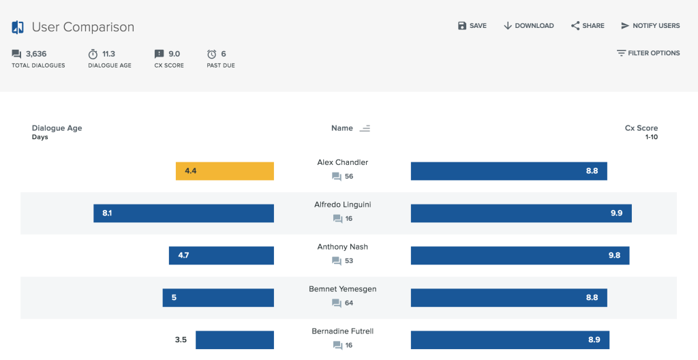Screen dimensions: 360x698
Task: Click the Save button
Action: tap(472, 26)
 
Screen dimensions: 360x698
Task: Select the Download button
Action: tap(528, 26)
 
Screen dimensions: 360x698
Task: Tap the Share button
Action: tap(588, 26)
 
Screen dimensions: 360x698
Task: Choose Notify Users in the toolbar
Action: tap(650, 26)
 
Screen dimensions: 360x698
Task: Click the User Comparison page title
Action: tap(82, 27)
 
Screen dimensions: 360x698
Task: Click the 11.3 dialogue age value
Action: tap(108, 54)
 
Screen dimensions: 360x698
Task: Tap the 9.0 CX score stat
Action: tap(174, 54)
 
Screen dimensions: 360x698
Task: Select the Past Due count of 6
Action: tap(223, 54)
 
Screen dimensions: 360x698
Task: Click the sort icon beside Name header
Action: tap(365, 128)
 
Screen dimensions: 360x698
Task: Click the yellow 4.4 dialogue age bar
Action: tap(224, 171)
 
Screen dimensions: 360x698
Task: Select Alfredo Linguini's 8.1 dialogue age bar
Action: tap(183, 213)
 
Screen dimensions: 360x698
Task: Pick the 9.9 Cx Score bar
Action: tap(521, 213)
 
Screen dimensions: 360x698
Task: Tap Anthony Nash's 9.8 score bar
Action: tap(519, 256)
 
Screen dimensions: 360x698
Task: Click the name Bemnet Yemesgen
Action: tap(342, 289)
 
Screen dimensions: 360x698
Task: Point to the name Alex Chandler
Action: tap(342, 162)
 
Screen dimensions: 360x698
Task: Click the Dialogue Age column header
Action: tap(57, 128)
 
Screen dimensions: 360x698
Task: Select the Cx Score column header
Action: tap(641, 128)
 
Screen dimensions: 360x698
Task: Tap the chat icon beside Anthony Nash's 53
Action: tap(337, 261)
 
